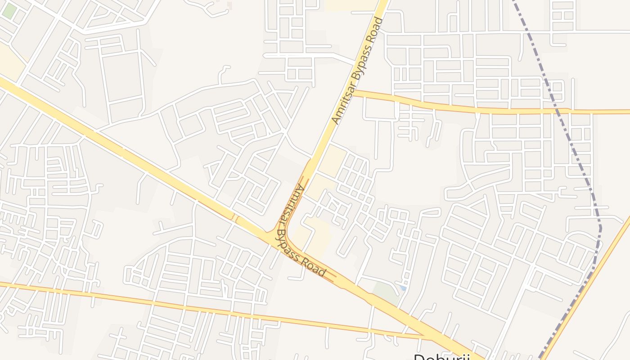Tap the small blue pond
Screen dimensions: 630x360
coord(403,288)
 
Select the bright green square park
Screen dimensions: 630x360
coord(8,11)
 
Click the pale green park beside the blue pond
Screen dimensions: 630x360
coord(385,292)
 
